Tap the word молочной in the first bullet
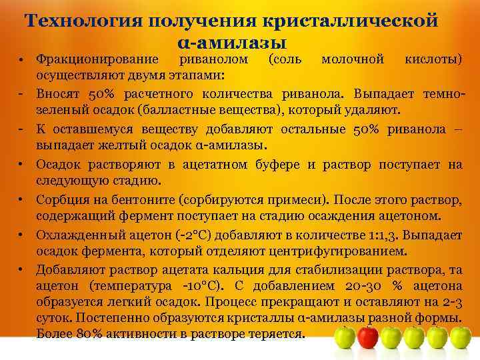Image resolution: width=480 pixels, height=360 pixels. (x=353, y=60)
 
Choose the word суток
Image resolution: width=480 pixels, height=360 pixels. (x=55, y=319)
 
